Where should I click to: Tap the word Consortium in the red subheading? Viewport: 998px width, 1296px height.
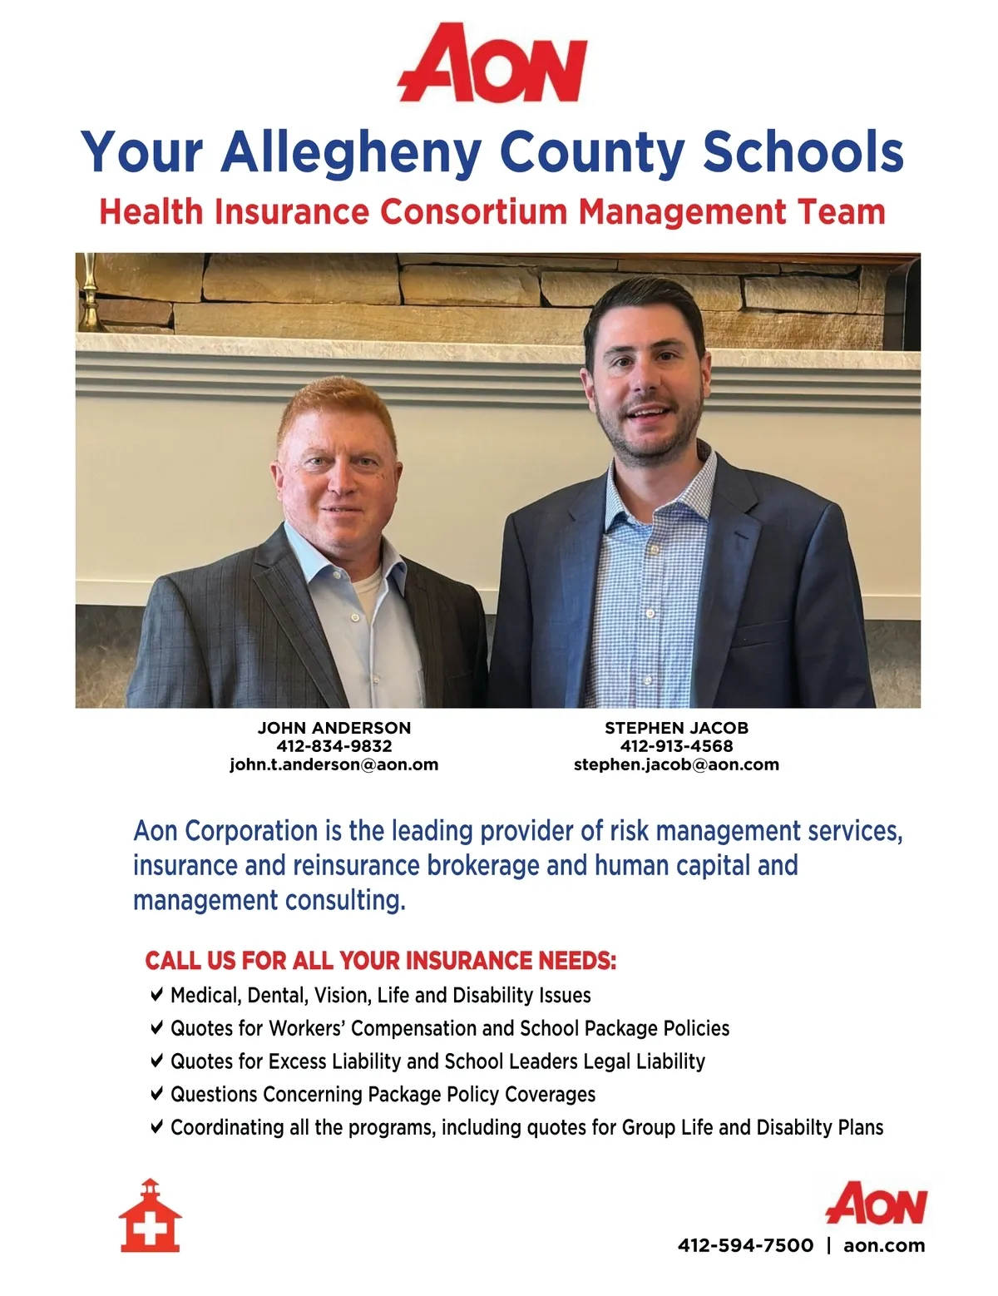(473, 211)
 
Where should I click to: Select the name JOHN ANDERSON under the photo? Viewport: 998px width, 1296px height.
(334, 728)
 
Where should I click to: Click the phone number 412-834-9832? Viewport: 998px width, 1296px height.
(334, 746)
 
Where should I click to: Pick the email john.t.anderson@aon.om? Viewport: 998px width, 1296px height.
(334, 764)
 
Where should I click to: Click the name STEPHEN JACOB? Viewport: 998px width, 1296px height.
(676, 728)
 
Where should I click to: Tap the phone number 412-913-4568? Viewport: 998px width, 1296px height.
(676, 746)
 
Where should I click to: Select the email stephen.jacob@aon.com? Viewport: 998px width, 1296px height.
(676, 764)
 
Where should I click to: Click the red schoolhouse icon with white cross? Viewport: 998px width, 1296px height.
(150, 1215)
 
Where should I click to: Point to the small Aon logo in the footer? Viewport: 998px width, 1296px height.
(876, 1204)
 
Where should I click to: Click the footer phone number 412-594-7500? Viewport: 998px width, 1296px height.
(745, 1245)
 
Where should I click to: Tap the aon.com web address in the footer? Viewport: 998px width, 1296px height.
(884, 1245)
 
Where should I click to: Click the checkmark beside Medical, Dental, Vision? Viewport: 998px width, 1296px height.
(157, 994)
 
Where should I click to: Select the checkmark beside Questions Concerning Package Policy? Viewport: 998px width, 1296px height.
(157, 1093)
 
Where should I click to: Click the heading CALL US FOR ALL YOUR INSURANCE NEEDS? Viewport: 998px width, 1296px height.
(380, 961)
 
